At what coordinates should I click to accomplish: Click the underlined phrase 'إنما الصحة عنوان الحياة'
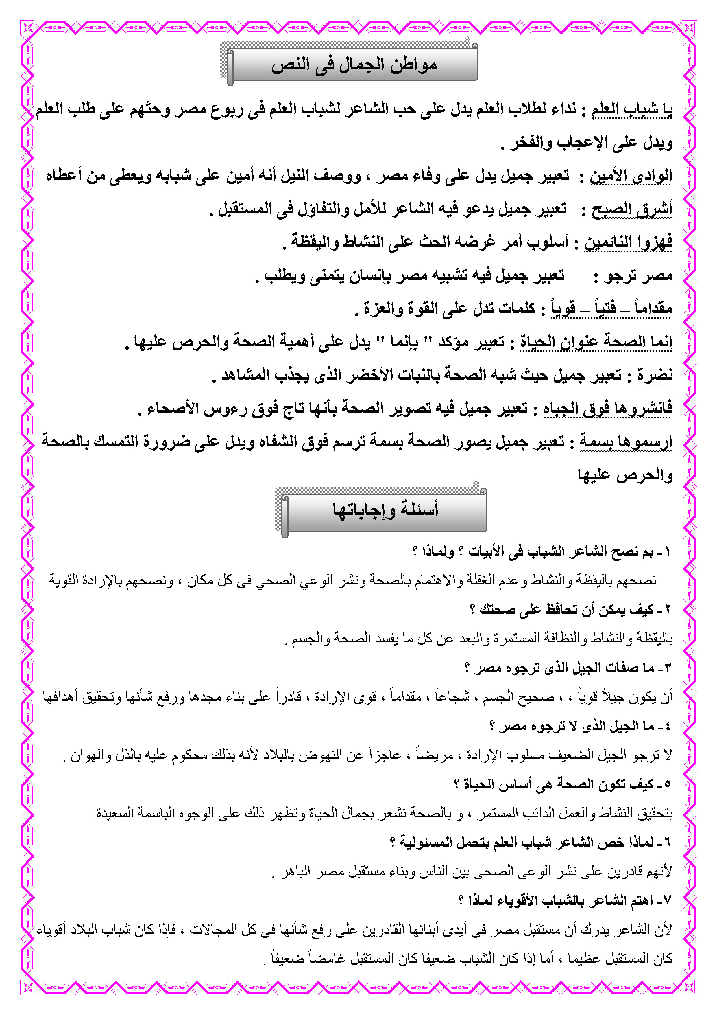pos(596,342)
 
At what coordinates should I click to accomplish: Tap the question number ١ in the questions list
pos(667,551)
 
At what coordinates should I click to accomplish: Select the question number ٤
pos(667,726)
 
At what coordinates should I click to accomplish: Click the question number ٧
pos(667,900)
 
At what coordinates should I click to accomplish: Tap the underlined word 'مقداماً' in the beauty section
pos(653,308)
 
